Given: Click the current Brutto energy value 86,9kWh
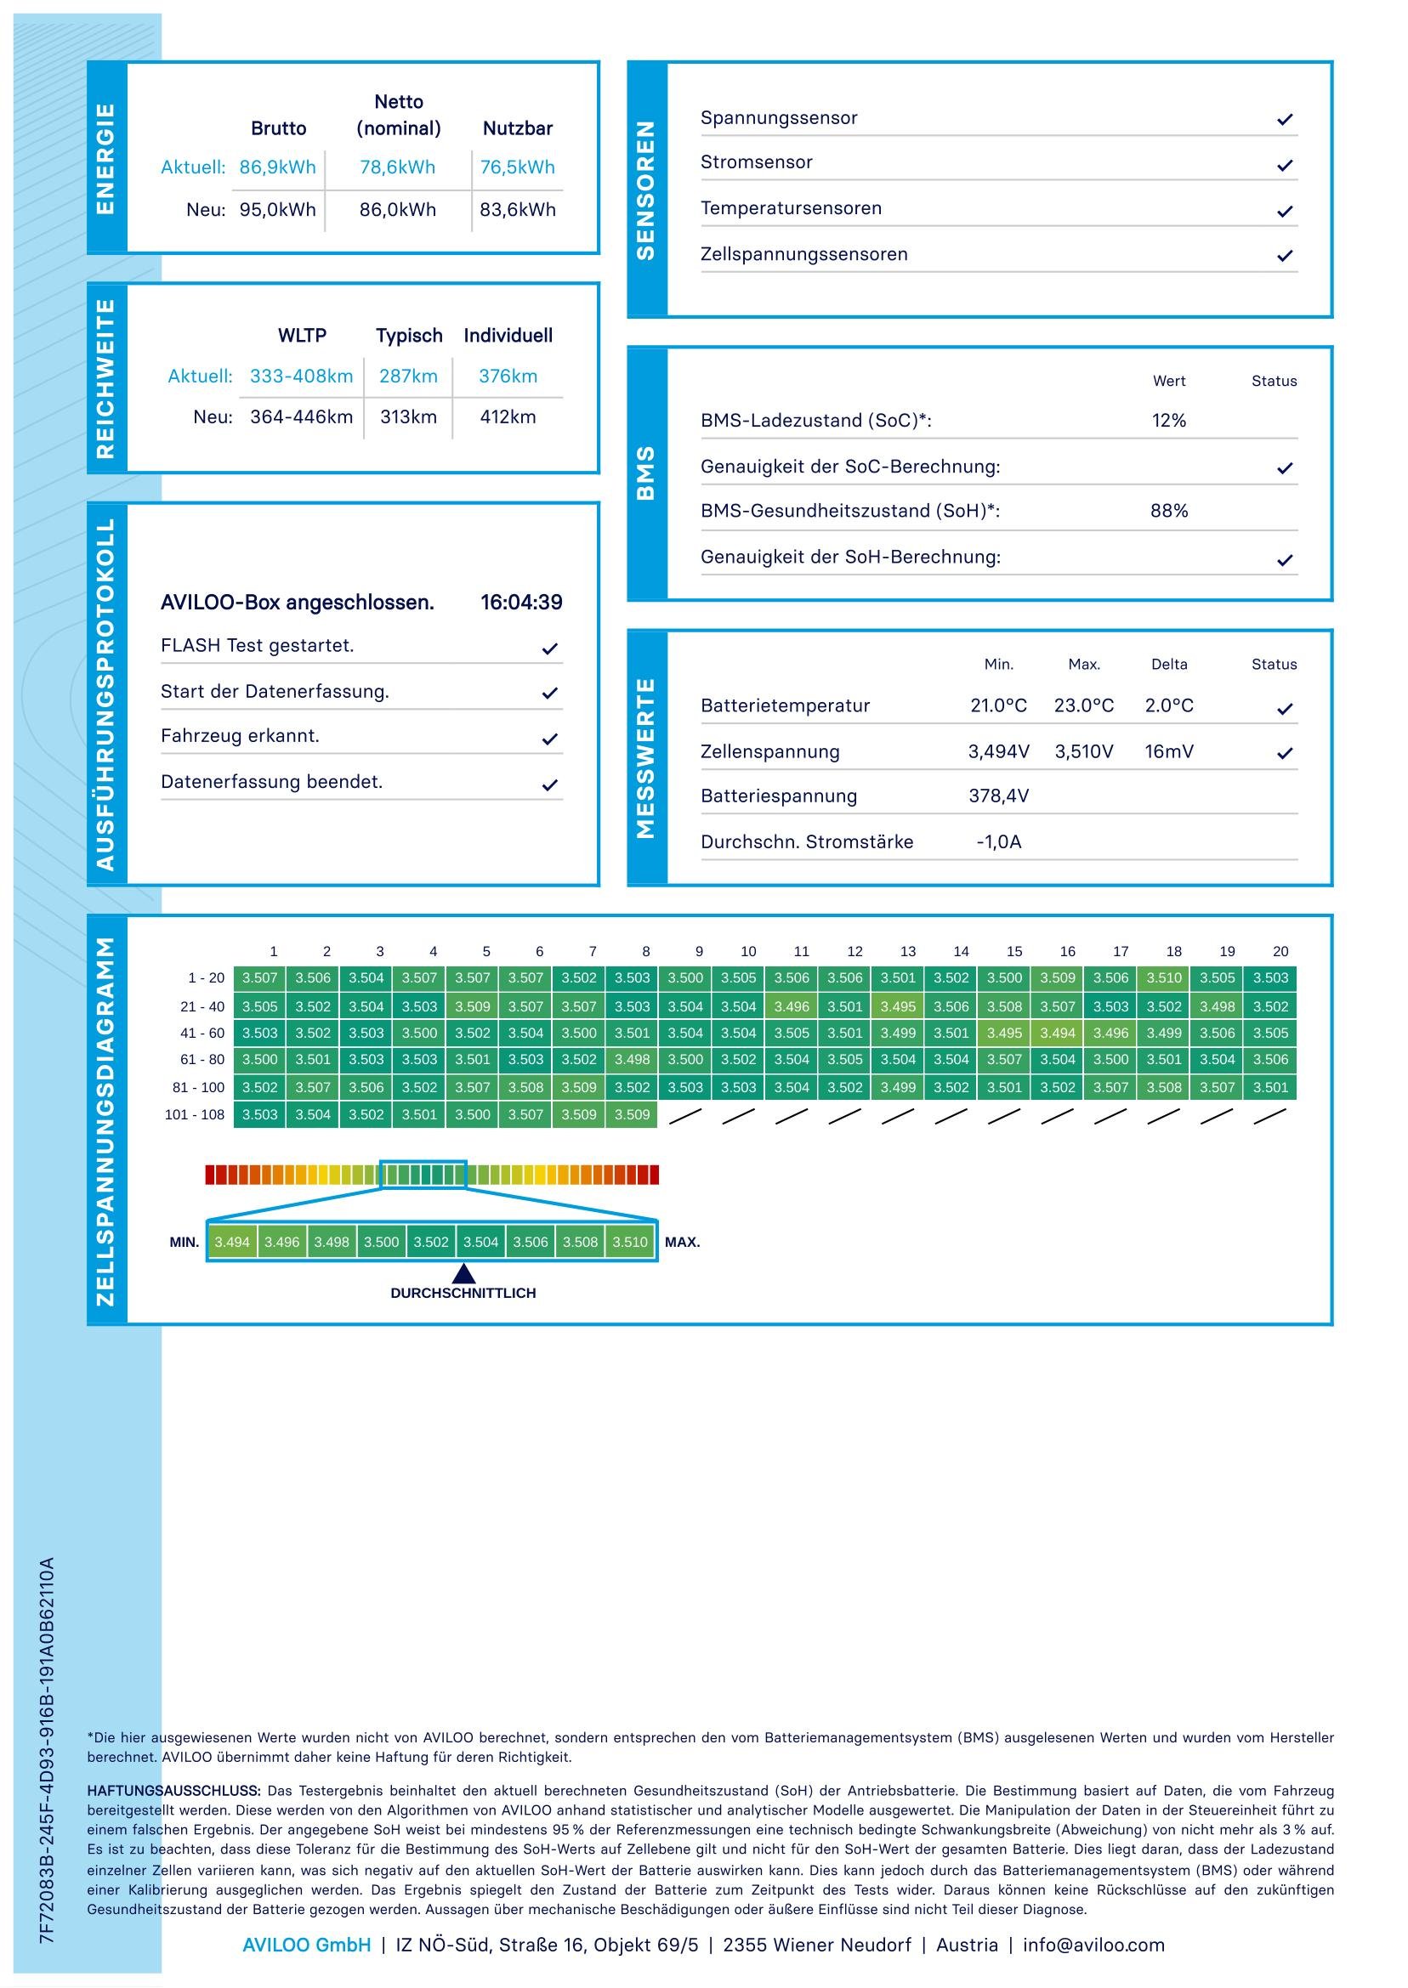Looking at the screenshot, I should tap(277, 167).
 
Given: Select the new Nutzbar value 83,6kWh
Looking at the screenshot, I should tap(518, 210).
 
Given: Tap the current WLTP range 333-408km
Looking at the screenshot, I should tap(301, 377).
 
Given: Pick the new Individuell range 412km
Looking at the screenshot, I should tap(508, 416).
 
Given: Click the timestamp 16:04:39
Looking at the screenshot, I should tap(521, 603).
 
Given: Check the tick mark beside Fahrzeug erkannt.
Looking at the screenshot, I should tap(549, 739).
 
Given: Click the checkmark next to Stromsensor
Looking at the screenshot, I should tap(1285, 165).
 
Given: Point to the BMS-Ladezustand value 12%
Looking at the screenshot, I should tap(1169, 422).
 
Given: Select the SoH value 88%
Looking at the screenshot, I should tap(1169, 512).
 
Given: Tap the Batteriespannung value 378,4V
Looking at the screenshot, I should tap(999, 796).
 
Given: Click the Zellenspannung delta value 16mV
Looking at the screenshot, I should tap(1169, 751).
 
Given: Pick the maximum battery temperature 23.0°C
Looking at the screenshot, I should tap(1084, 705).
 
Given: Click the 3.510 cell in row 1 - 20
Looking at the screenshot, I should tap(1164, 978).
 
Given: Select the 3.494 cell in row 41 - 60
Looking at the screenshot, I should tap(1058, 1033).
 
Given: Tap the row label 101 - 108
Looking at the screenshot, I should tap(194, 1115).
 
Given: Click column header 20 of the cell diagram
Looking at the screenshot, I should tap(1280, 952).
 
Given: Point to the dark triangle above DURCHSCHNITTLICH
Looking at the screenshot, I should tap(464, 1273).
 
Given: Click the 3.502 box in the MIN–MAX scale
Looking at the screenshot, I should tap(431, 1242).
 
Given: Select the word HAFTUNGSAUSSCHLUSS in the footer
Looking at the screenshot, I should tap(173, 1792).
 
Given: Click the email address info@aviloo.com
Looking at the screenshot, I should tap(1093, 1946).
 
